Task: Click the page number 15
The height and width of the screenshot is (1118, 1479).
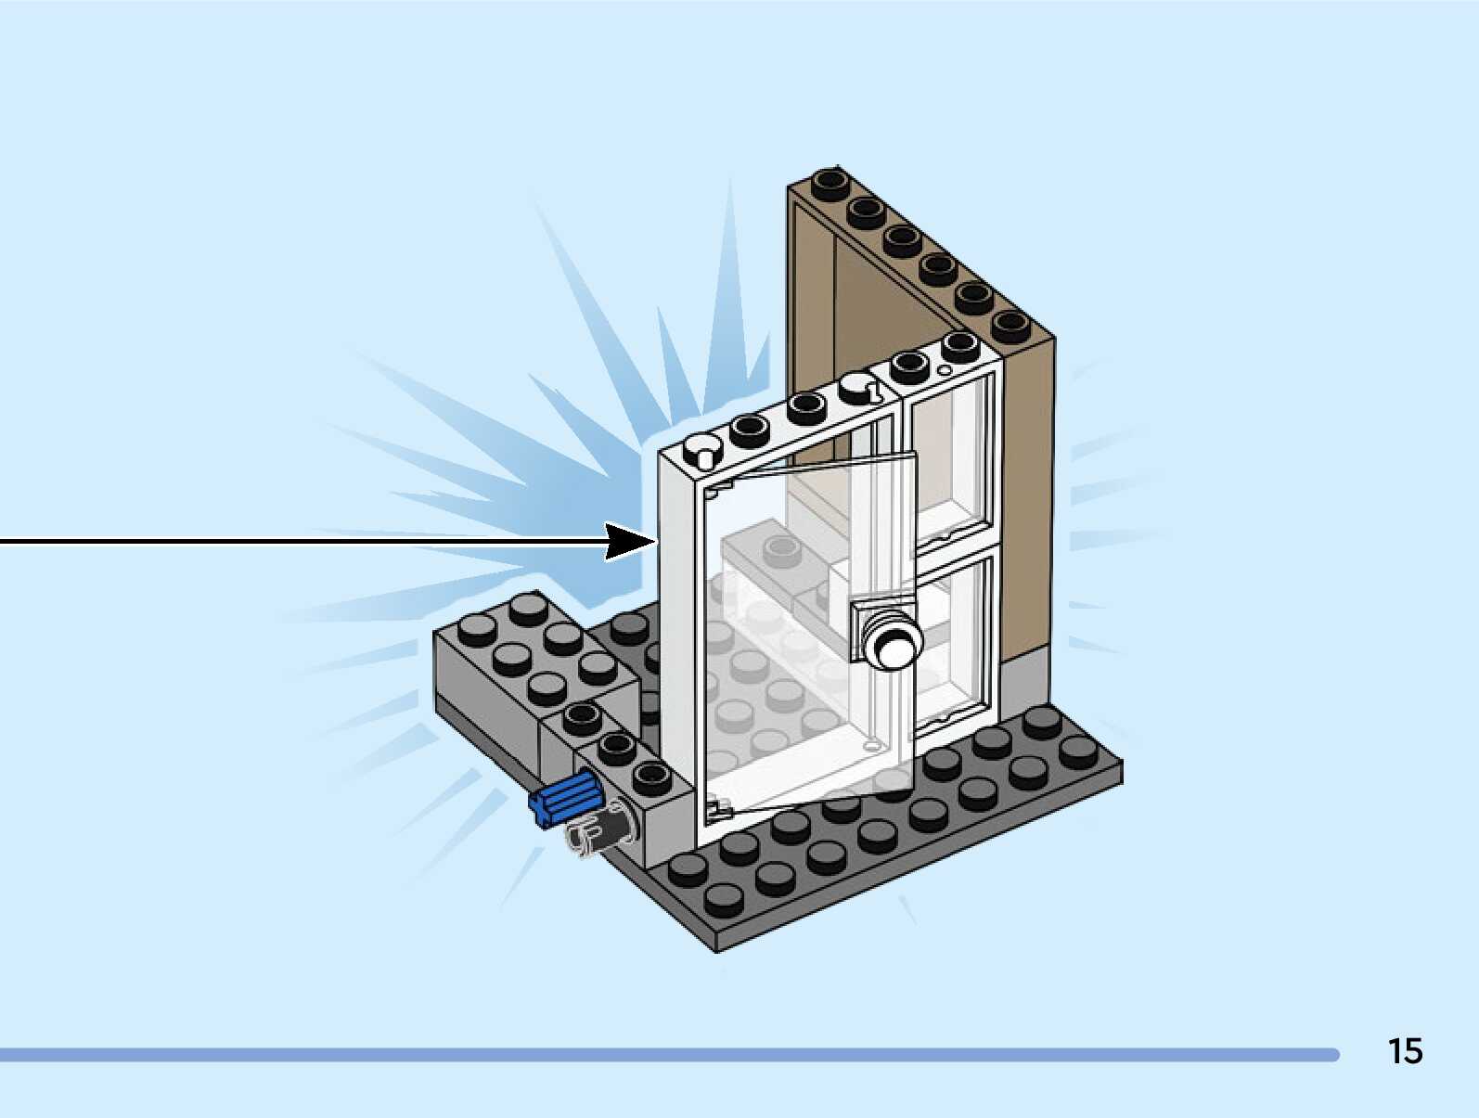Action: (x=1405, y=1051)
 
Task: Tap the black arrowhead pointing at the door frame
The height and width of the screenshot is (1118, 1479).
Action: (x=628, y=541)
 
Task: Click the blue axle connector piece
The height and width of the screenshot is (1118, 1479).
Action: (x=564, y=799)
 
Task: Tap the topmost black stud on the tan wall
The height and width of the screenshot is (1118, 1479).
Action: (x=830, y=182)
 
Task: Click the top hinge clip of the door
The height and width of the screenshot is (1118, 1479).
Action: (x=719, y=488)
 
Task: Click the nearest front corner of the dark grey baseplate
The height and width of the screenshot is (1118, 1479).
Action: (x=719, y=942)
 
